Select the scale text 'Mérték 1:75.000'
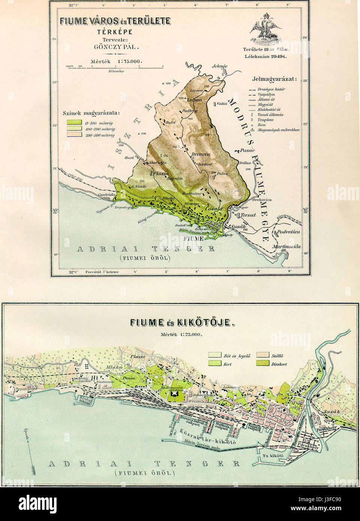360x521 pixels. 116,61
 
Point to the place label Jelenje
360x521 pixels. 220,66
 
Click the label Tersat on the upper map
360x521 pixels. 248,215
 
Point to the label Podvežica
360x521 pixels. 288,232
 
